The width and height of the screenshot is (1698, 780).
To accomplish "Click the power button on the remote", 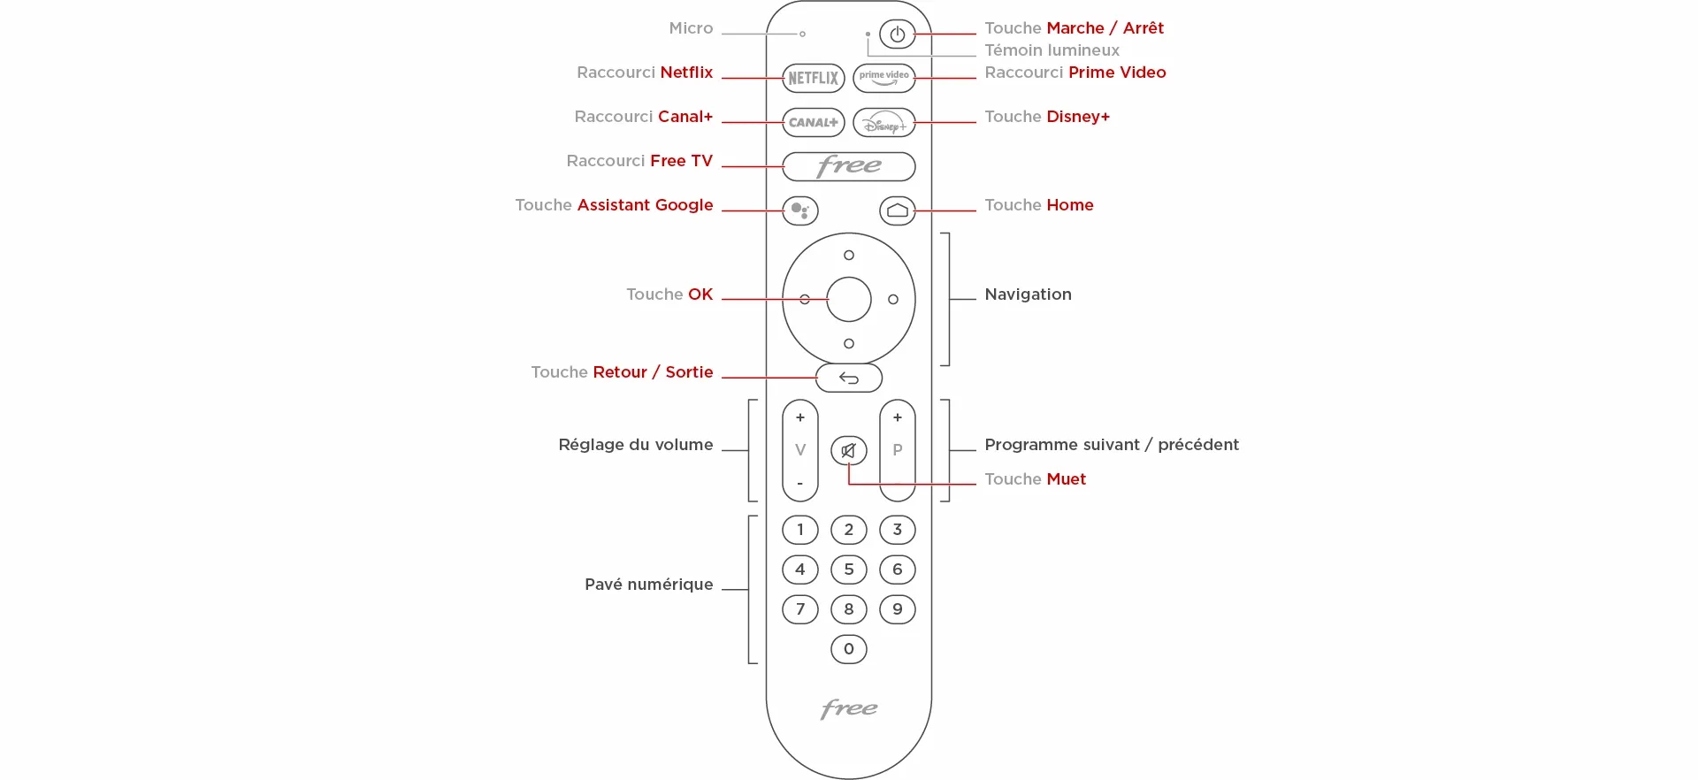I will [897, 34].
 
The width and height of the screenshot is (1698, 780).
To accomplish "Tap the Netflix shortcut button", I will [813, 78].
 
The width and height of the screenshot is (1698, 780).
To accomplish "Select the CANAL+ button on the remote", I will [813, 122].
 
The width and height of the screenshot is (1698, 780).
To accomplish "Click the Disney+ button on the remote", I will [884, 122].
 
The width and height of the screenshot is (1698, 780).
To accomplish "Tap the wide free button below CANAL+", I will [848, 166].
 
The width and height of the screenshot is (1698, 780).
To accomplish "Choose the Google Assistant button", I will [799, 210].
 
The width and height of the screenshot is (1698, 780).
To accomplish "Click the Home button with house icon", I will [897, 210].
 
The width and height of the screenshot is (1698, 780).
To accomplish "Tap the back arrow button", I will [848, 378].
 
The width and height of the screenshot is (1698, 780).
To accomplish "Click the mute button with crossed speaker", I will [848, 451].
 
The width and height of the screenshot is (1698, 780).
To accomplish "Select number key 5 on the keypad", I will [848, 570].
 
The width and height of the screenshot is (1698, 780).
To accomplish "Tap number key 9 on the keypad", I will [897, 609].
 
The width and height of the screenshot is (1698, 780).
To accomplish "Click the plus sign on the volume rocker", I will [799, 417].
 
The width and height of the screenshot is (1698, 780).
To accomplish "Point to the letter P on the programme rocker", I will [897, 450].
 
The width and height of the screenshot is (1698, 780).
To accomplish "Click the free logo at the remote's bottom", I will [848, 708].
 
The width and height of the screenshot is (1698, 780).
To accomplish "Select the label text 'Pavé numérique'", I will [648, 585].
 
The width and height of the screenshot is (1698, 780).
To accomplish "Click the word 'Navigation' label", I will [1028, 294].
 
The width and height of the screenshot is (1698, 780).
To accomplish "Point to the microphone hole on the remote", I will [802, 34].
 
